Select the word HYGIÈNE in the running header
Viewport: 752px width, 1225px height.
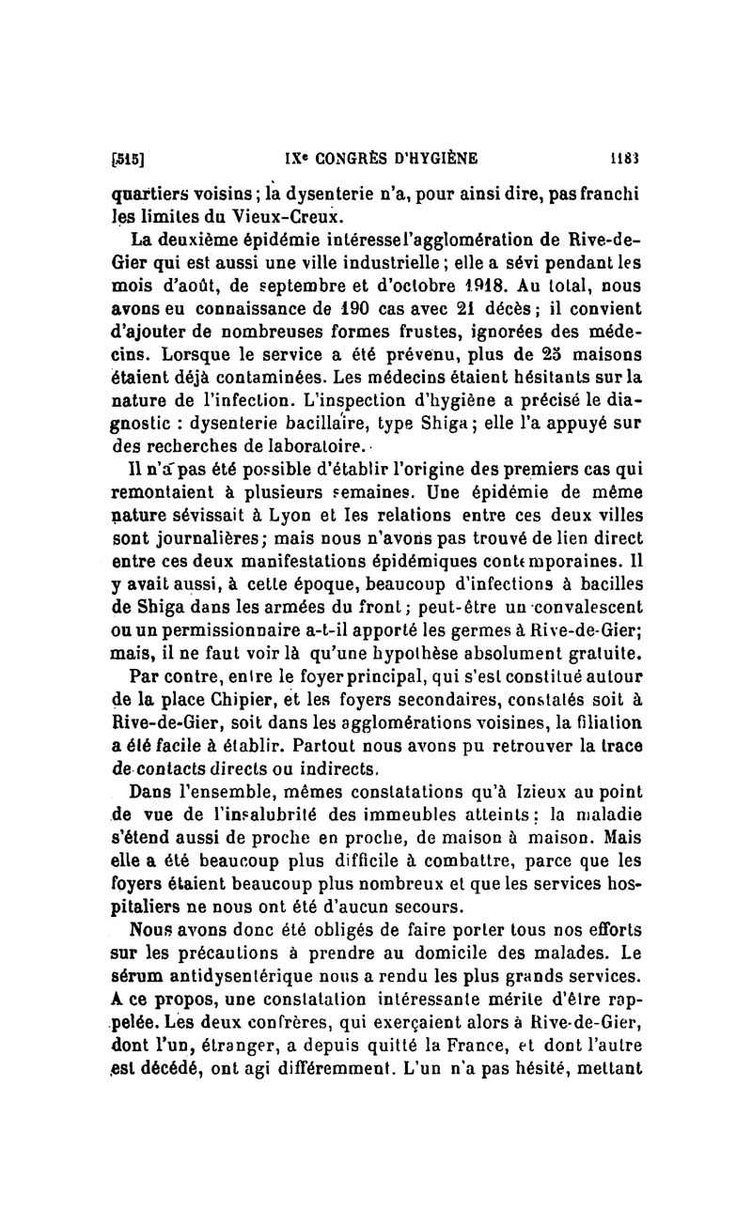(453, 158)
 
